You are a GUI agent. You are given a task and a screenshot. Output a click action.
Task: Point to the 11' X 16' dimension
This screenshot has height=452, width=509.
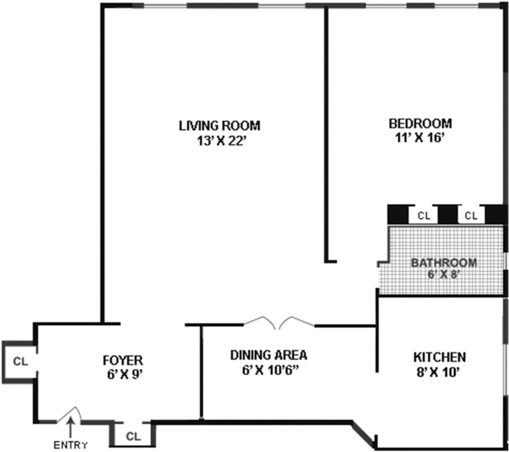point(420,138)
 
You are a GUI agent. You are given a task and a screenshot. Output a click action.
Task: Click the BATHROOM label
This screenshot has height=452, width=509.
point(443,262)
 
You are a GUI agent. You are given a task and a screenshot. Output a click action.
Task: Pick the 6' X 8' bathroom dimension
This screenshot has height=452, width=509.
point(443,275)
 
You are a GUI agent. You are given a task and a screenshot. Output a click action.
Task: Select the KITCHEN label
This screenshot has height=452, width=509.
point(439,357)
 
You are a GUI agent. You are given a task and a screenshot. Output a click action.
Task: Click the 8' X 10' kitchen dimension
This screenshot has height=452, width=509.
point(439,372)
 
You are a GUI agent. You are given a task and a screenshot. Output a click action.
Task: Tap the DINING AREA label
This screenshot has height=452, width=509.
point(269,355)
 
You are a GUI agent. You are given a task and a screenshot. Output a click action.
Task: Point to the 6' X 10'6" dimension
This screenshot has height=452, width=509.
point(269,371)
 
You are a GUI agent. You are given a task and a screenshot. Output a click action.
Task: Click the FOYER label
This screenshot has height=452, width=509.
point(123,360)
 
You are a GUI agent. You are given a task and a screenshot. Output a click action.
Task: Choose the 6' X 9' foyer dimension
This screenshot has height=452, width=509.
point(123,374)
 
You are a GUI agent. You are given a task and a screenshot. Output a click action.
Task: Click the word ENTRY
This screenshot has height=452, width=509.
point(71,445)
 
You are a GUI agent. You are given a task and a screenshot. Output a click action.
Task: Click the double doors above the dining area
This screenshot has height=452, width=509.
point(278,322)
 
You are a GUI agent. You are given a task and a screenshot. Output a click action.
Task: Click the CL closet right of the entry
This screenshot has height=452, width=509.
point(132,437)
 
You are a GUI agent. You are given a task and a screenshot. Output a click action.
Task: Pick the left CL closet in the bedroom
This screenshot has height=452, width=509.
point(424,216)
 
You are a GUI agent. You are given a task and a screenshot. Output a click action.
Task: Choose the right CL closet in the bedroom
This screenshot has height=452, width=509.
point(471,216)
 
